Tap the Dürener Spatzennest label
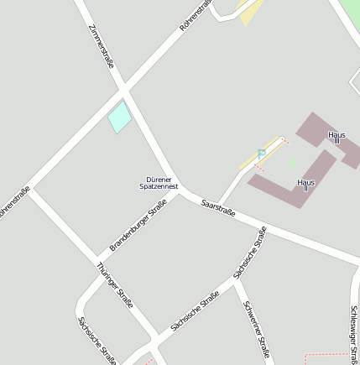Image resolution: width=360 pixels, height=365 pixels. pyautogui.click(x=159, y=183)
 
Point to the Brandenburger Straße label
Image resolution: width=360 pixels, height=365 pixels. pyautogui.click(x=138, y=225)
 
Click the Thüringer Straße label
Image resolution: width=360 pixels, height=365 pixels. pyautogui.click(x=115, y=285)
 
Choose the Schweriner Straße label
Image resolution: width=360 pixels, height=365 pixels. pyautogui.click(x=256, y=328)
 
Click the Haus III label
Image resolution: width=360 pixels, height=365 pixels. pyautogui.click(x=337, y=137)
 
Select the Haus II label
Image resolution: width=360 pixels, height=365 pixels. pyautogui.click(x=305, y=185)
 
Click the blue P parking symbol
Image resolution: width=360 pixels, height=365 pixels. pyautogui.click(x=262, y=154)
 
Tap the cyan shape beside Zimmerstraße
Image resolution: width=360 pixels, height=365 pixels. pyautogui.click(x=119, y=117)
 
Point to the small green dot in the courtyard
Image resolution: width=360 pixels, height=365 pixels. pyautogui.click(x=292, y=162)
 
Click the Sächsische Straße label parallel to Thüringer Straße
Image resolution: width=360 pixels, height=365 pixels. pyautogui.click(x=97, y=340)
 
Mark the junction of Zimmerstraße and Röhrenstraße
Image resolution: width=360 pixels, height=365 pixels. pyautogui.click(x=125, y=87)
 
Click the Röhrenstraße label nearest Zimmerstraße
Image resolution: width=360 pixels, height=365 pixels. pyautogui.click(x=194, y=17)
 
